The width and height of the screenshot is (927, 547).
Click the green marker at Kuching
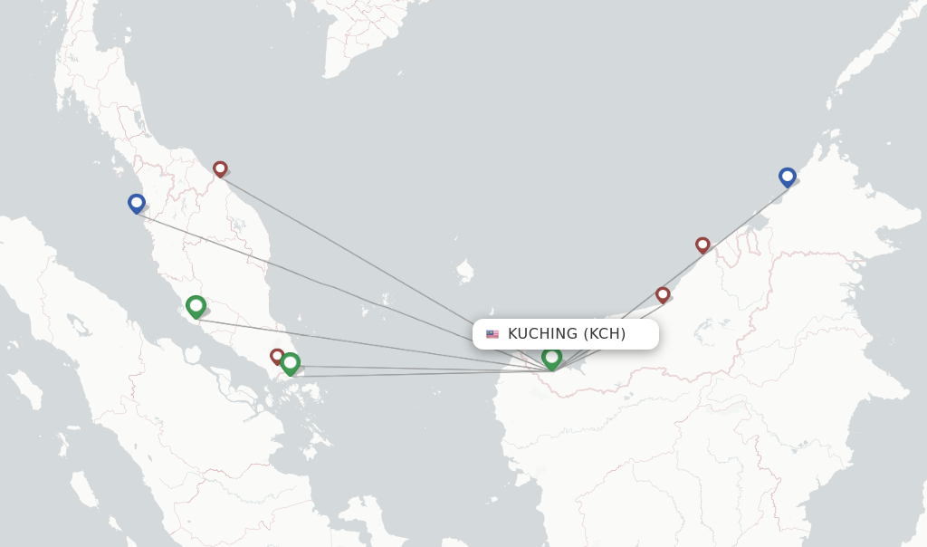click(551, 358)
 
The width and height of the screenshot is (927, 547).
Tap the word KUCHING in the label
click(542, 334)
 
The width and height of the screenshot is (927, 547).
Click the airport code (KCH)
click(604, 334)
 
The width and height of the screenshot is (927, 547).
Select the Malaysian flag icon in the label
click(492, 334)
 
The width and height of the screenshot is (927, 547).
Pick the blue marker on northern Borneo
click(788, 177)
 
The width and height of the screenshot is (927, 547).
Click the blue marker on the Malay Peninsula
click(137, 203)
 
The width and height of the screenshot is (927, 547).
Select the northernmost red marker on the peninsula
click(220, 168)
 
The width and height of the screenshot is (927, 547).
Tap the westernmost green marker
click(196, 306)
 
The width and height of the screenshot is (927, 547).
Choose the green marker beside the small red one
click(290, 363)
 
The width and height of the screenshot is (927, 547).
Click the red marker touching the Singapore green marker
click(276, 355)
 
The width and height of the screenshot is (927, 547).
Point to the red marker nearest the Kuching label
click(663, 294)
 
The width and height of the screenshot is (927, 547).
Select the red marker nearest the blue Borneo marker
click(702, 245)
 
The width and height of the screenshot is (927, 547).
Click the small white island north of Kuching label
click(465, 270)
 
